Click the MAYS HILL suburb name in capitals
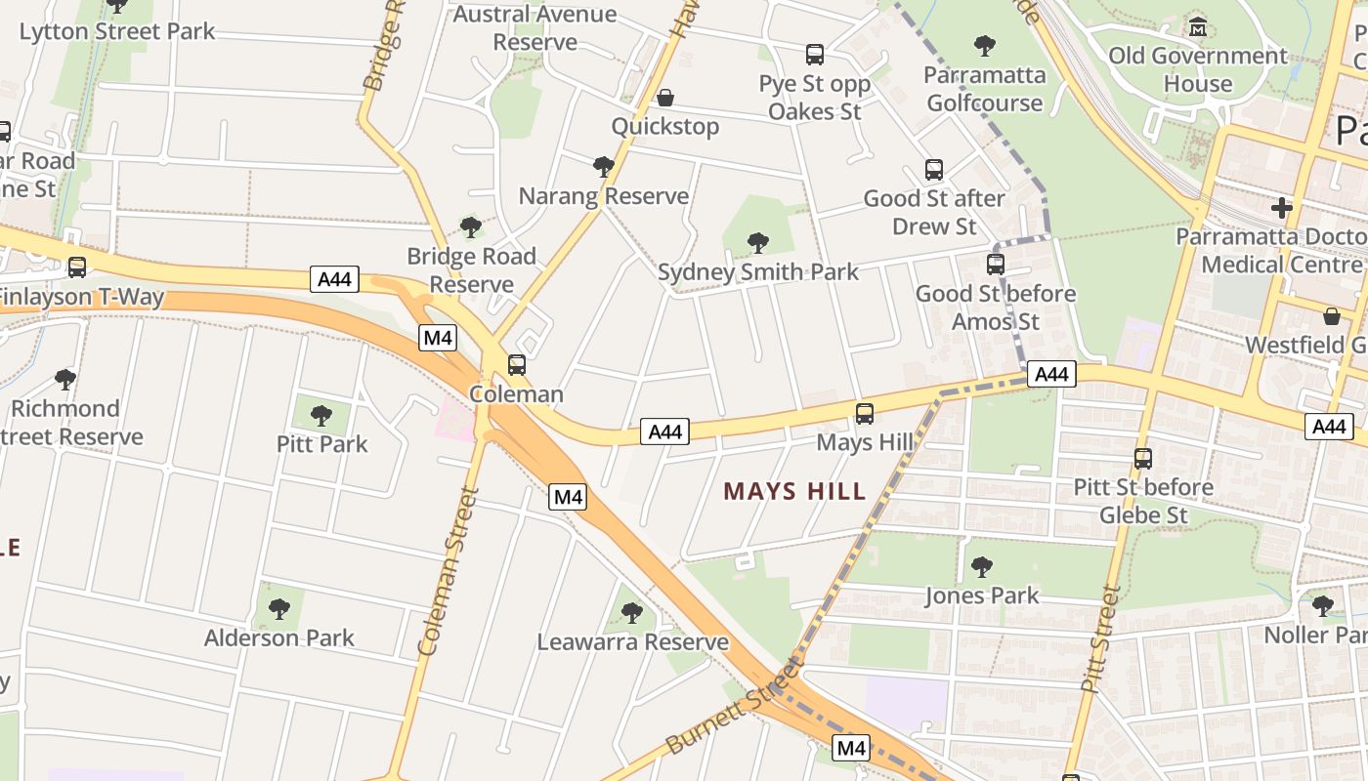click(x=794, y=491)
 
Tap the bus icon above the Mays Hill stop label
click(x=865, y=414)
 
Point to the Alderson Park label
click(x=279, y=638)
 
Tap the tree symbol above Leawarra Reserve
click(x=632, y=613)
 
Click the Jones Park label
click(x=982, y=596)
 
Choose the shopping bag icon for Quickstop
click(x=665, y=98)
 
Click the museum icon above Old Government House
click(x=1198, y=27)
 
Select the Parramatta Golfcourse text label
click(x=985, y=89)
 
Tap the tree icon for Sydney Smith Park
click(x=757, y=243)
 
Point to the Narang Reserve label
click(x=604, y=196)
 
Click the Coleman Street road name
click(x=447, y=571)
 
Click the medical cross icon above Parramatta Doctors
click(x=1282, y=208)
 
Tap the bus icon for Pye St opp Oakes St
click(x=815, y=55)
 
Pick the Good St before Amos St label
click(x=996, y=308)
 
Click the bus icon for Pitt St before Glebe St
click(x=1143, y=459)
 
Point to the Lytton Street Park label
click(x=117, y=31)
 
